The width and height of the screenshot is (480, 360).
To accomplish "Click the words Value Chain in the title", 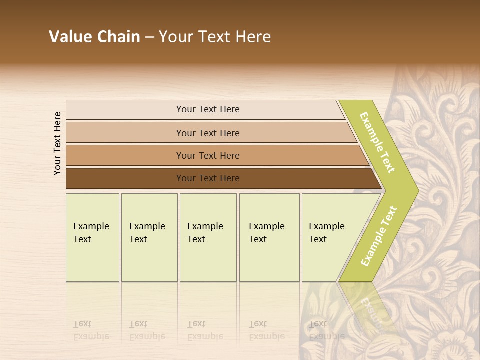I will point(94,37).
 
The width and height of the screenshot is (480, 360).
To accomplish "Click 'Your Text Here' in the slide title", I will point(215,37).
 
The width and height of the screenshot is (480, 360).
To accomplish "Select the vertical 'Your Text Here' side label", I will point(57,143).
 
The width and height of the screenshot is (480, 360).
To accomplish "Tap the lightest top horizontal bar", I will point(125,110).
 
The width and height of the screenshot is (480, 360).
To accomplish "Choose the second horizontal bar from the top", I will point(125,133).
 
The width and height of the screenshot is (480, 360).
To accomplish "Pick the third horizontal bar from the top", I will point(125,155).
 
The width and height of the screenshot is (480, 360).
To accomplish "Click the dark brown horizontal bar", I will point(125,178).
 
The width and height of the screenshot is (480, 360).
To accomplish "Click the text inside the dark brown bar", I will point(208,178).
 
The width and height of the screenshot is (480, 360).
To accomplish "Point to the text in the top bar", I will point(208,109).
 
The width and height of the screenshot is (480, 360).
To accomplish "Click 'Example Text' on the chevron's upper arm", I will point(377,143).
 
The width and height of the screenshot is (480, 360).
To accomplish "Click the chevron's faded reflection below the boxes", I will point(367,305).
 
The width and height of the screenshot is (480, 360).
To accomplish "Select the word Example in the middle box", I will point(205,226).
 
